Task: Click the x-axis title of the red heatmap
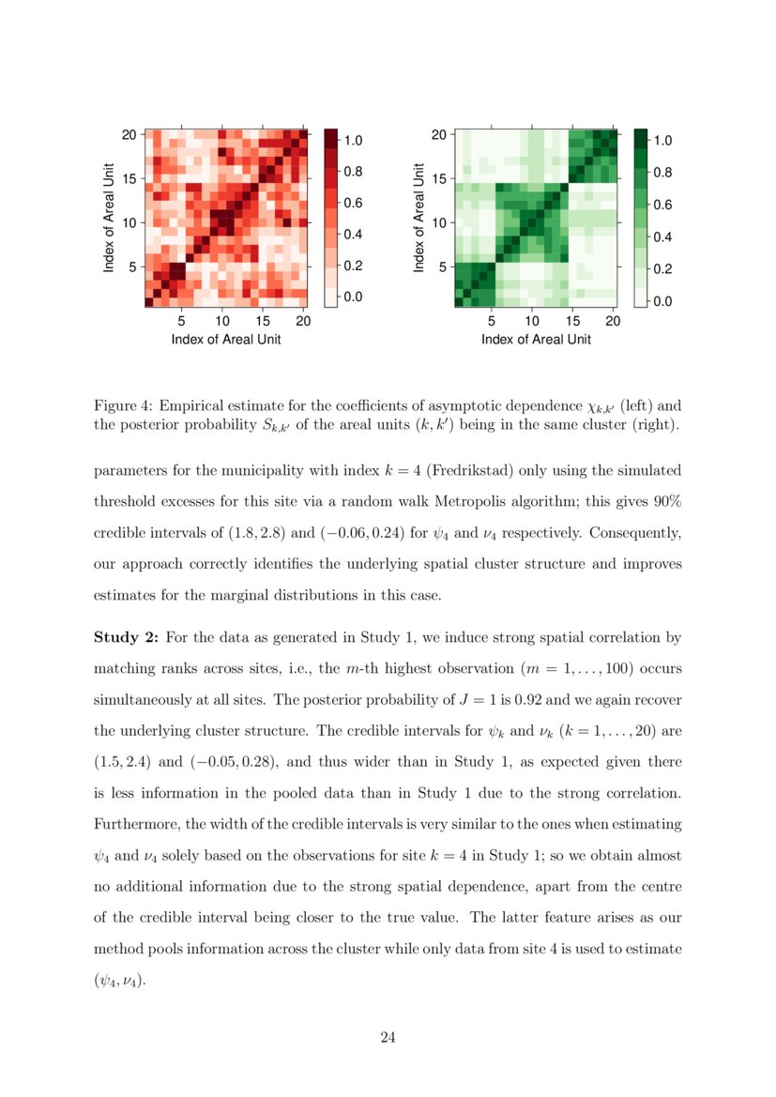click(x=226, y=340)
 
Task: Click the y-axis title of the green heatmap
click(x=418, y=219)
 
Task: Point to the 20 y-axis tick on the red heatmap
click(x=129, y=134)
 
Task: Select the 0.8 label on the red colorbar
click(x=353, y=172)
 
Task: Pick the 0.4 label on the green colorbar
click(x=663, y=237)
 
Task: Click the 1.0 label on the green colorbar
click(x=663, y=141)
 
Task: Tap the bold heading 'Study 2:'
click(x=126, y=638)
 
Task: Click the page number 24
click(x=388, y=1037)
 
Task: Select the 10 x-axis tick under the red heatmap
click(x=221, y=322)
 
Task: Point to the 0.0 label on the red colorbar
click(x=353, y=297)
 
